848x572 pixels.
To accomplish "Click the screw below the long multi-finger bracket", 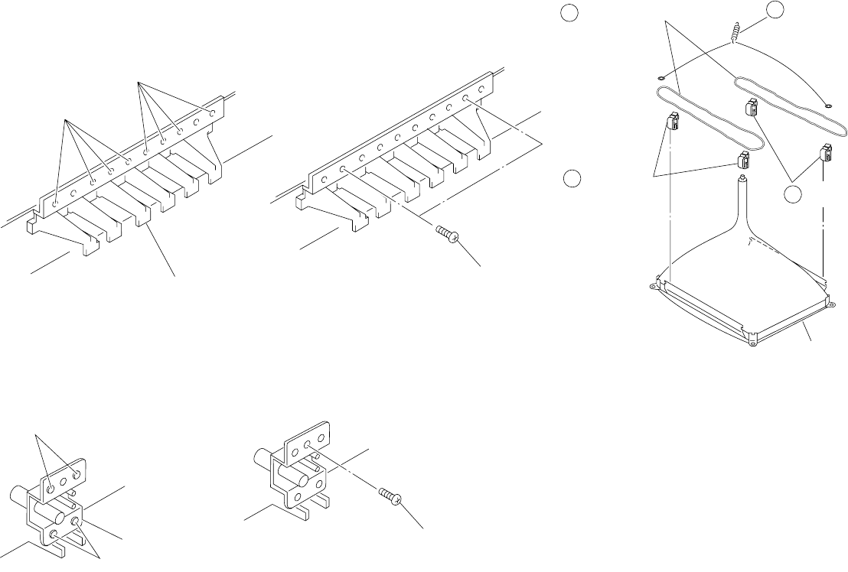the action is click(446, 233).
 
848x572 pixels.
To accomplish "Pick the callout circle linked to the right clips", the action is click(793, 195).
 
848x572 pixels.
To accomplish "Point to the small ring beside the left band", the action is click(659, 76).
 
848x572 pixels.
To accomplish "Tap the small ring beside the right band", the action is click(829, 105).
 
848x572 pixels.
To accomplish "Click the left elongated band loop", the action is click(708, 119).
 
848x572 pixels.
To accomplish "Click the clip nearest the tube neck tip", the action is click(742, 161).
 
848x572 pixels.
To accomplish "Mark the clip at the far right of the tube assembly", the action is click(826, 152).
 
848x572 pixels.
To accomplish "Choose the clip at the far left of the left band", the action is click(674, 120).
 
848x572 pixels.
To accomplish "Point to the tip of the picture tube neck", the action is click(741, 180).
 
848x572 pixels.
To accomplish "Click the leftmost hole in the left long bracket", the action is click(57, 203).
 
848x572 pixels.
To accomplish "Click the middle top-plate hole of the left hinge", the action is click(64, 480).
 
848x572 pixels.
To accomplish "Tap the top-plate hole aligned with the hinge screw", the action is click(306, 444).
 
